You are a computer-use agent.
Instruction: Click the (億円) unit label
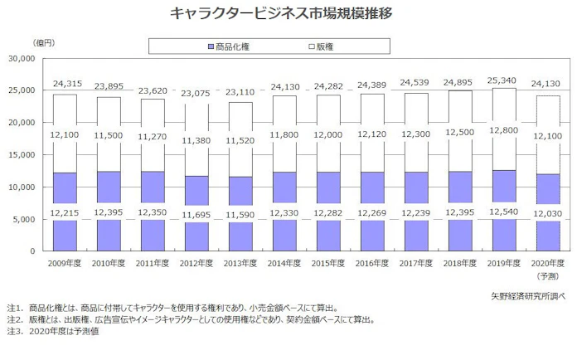coord(43,41)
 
